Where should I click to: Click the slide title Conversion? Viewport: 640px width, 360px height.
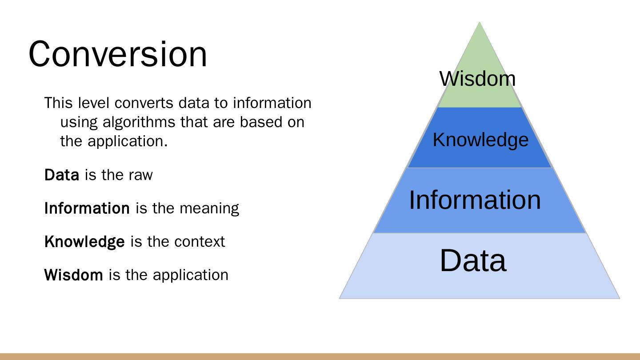click(x=118, y=54)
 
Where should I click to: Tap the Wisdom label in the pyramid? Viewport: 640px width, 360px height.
click(x=477, y=79)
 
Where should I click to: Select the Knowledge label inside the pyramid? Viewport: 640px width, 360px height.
click(x=480, y=140)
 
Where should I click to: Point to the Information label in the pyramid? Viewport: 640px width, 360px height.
click(x=475, y=200)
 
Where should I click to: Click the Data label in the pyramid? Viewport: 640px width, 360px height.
click(x=473, y=260)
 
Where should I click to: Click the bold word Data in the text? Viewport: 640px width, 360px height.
click(x=62, y=175)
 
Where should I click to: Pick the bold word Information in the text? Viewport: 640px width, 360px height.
click(x=87, y=208)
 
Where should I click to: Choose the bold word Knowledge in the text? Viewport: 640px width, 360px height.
click(x=84, y=242)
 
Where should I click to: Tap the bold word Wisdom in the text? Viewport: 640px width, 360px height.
click(x=73, y=275)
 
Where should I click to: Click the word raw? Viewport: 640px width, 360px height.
click(x=140, y=175)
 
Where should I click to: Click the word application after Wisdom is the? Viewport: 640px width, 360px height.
click(x=191, y=275)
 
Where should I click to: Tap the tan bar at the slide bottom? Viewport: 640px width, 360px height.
click(x=320, y=356)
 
